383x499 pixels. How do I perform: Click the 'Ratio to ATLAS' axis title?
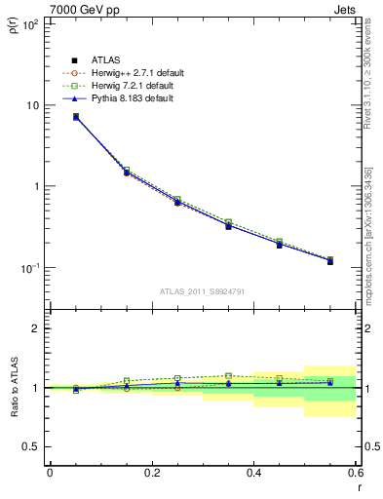coord(14,390)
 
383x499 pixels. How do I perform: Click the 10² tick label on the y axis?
coord(30,23)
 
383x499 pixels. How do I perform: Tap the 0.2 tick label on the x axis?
coord(151,473)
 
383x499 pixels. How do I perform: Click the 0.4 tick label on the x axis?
coord(253,473)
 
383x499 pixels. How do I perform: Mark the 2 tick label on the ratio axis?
coord(37,328)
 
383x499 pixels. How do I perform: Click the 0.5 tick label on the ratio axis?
coord(32,446)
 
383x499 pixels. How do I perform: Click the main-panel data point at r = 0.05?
coord(76,117)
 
